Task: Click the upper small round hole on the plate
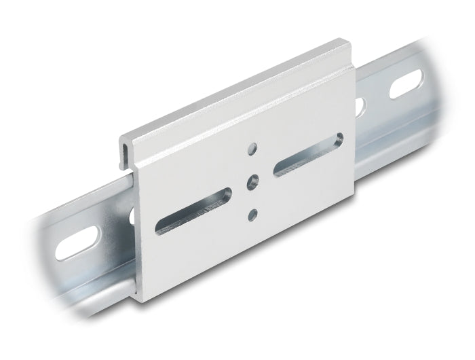click(x=252, y=147)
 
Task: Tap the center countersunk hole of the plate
click(x=252, y=181)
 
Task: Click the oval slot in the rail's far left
click(x=78, y=242)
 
